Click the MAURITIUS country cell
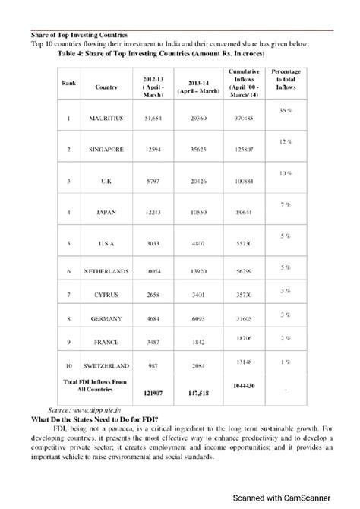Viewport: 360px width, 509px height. pyautogui.click(x=106, y=119)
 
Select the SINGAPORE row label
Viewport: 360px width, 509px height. pyautogui.click(x=106, y=150)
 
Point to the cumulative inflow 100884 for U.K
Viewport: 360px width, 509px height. pyautogui.click(x=243, y=182)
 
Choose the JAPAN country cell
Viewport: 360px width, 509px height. pyautogui.click(x=106, y=213)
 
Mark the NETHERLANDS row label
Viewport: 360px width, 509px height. pyautogui.click(x=106, y=271)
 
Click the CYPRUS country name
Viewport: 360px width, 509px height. pyautogui.click(x=106, y=292)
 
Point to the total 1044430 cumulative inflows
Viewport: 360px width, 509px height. pyautogui.click(x=243, y=385)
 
